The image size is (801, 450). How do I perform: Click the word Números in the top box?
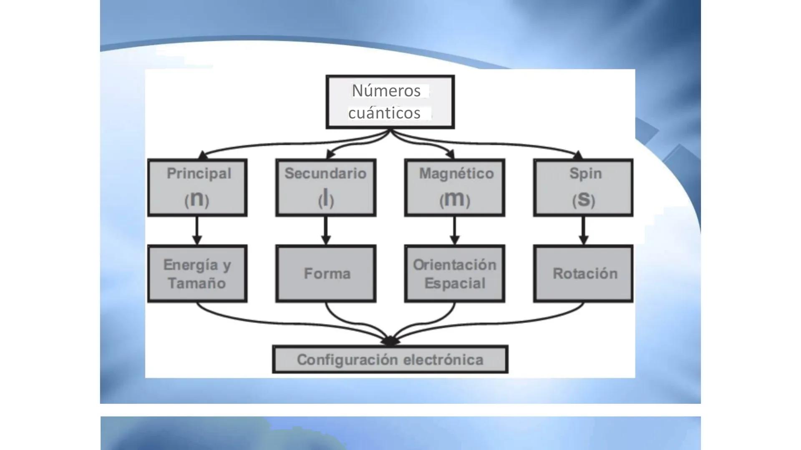[386, 91]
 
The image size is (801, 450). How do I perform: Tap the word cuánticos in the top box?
[384, 113]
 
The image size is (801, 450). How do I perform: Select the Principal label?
[199, 173]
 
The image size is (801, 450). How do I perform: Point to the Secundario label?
[325, 173]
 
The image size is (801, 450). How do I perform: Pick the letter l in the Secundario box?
[326, 198]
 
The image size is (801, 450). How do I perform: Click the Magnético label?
[456, 173]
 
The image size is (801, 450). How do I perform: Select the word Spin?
[585, 173]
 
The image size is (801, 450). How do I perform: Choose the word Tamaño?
[196, 283]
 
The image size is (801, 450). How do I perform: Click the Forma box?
[326, 273]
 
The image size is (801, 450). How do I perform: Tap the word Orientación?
[454, 265]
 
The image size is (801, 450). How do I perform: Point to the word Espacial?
[455, 283]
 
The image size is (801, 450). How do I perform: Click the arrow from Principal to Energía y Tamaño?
[197, 230]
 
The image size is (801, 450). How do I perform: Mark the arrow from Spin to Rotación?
[584, 230]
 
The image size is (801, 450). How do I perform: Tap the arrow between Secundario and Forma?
[326, 230]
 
